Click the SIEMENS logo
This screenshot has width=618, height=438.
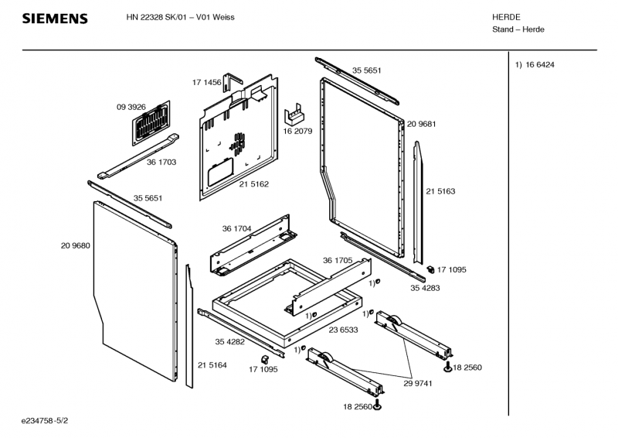tap(55, 19)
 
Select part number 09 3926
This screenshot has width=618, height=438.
tap(131, 107)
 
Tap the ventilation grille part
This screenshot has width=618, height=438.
tap(151, 122)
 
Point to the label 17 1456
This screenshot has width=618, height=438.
tap(206, 82)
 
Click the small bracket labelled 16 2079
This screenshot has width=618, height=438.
tap(294, 113)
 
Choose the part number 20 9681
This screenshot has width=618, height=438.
tap(421, 124)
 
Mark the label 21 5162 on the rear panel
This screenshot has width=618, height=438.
tap(254, 184)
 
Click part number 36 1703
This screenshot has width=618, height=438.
tap(161, 163)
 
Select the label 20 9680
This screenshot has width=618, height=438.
tap(75, 245)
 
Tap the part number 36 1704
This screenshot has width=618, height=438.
tap(236, 229)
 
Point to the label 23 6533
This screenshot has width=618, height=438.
tap(343, 330)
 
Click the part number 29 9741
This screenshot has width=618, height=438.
tap(418, 384)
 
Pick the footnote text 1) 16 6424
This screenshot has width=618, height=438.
tap(535, 65)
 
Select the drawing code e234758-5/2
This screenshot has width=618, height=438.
tap(45, 421)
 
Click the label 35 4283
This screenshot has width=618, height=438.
tap(425, 289)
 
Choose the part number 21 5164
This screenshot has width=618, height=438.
tap(212, 365)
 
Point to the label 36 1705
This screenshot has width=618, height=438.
tap(338, 261)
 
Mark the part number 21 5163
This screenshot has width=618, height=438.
tap(440, 192)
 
